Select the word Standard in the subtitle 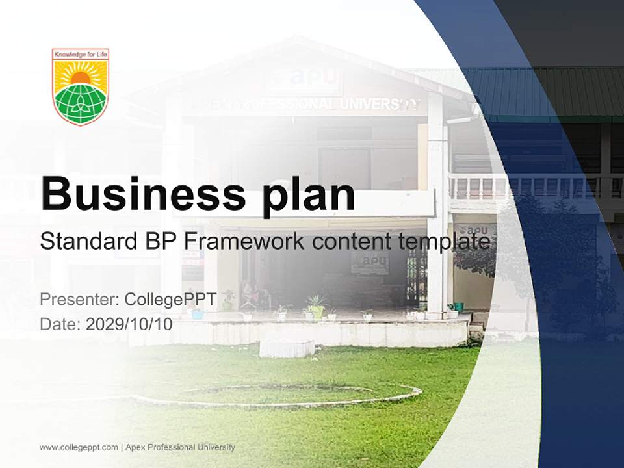pos(87,241)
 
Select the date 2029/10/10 pos(129,324)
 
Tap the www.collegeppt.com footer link pos(79,447)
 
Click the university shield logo pos(81,86)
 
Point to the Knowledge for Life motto pos(81,55)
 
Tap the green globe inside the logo pos(81,103)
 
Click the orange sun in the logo pos(81,77)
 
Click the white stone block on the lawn pos(287,348)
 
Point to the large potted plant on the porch pos(317,306)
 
